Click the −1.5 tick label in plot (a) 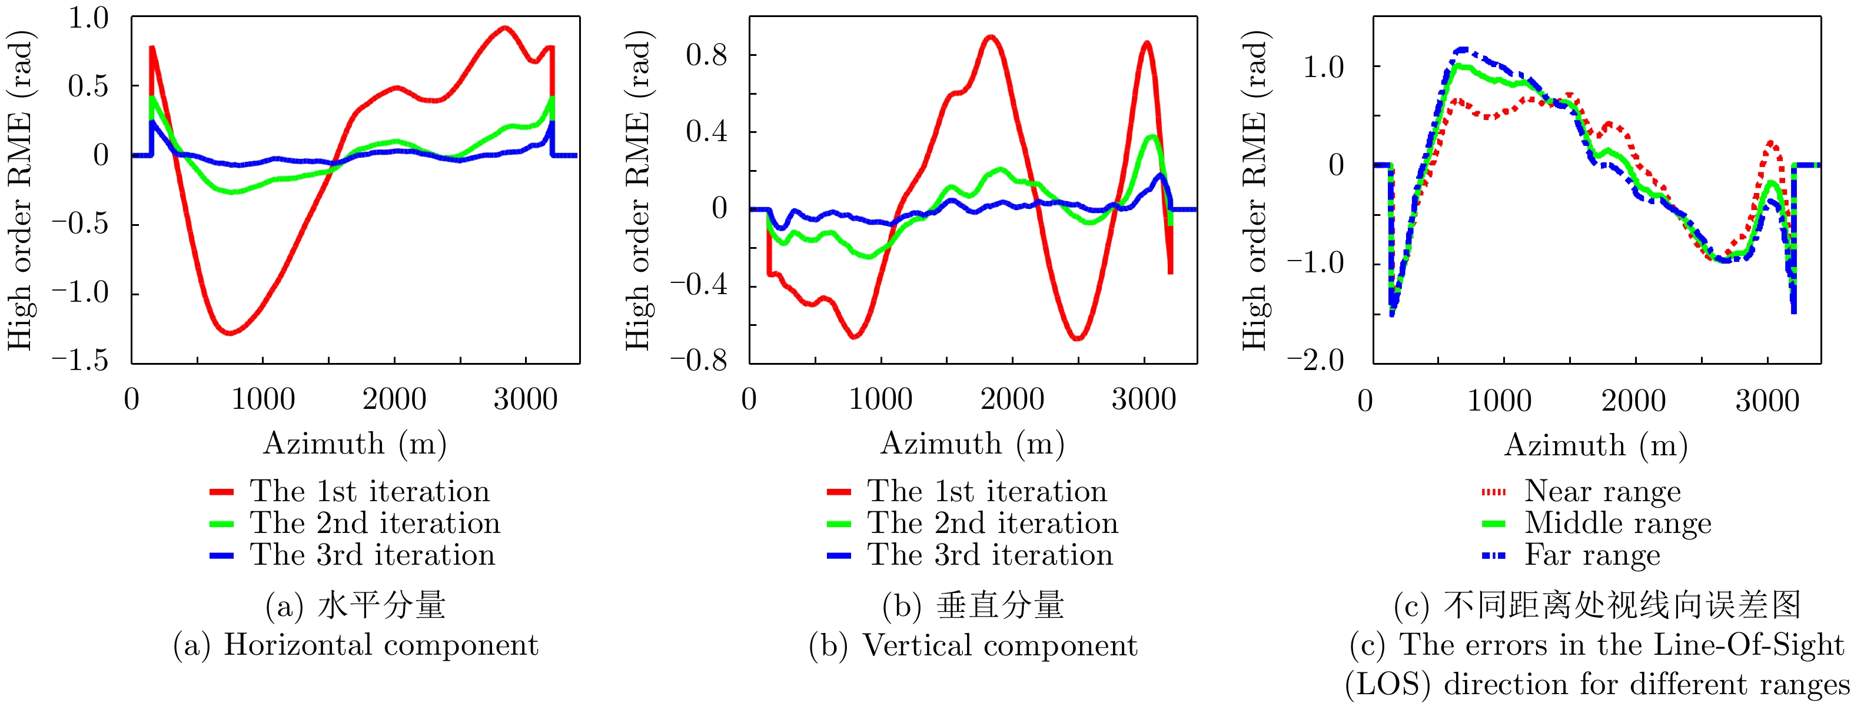(80, 360)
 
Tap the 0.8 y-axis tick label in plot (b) (706, 55)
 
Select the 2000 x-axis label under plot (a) (394, 399)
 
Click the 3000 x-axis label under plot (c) (1767, 401)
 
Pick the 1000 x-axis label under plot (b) (881, 399)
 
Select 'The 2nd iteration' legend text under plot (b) (992, 523)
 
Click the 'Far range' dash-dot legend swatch (1493, 555)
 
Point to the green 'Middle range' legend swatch (1493, 524)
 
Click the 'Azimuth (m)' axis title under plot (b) (972, 444)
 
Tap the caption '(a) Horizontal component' (355, 645)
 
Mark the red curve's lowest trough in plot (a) (230, 333)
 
